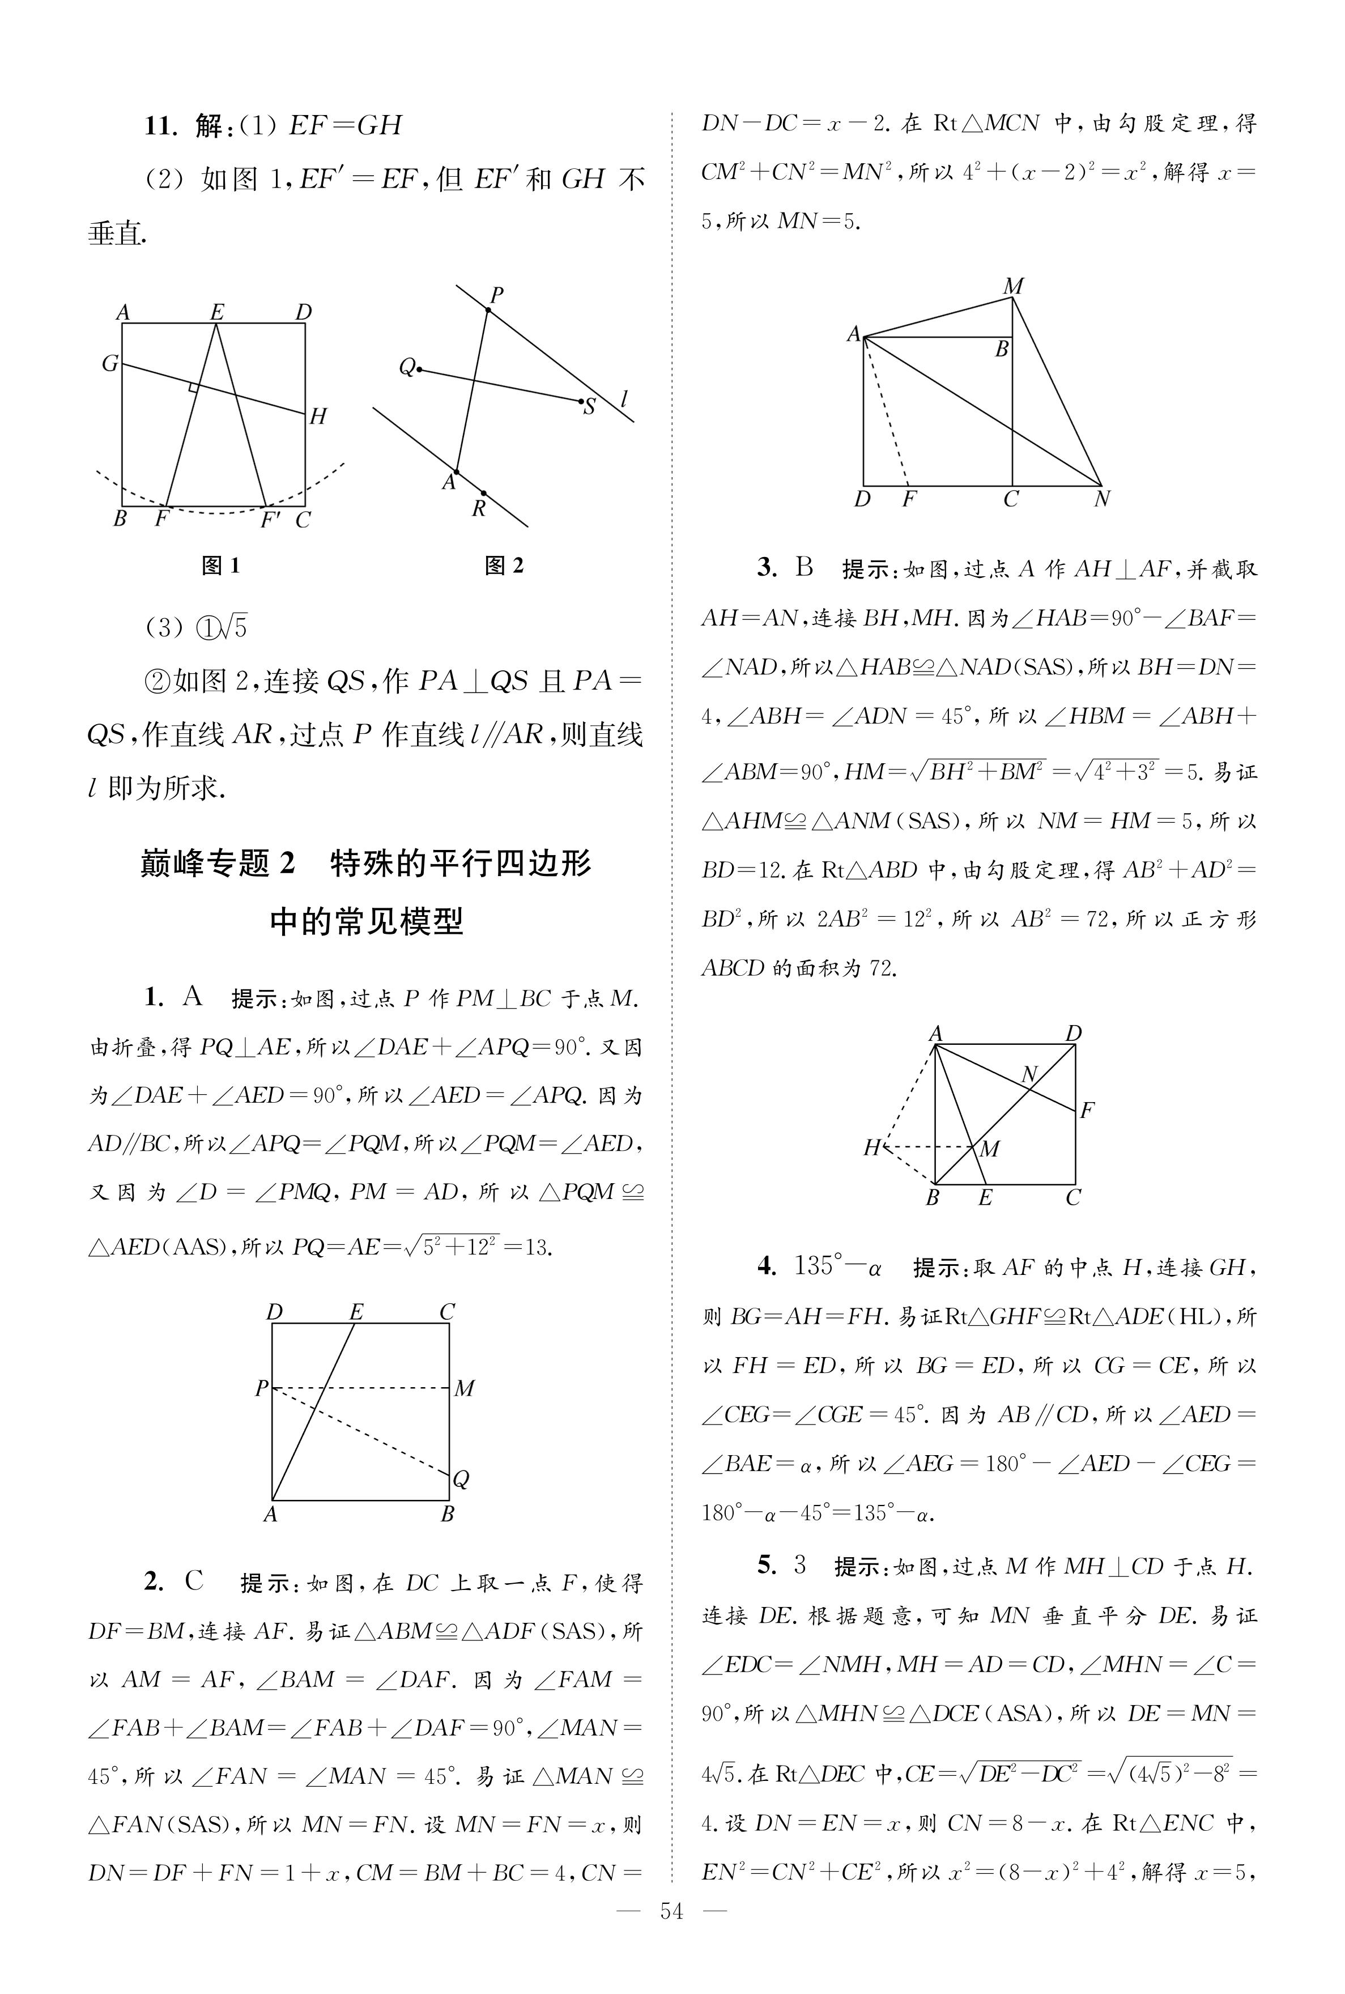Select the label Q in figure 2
click(407, 368)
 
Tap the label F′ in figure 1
click(270, 520)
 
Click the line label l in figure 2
click(624, 399)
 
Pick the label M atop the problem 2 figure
click(1013, 287)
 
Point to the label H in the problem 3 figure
click(871, 1147)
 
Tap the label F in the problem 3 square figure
click(1087, 1111)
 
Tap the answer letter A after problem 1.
click(192, 997)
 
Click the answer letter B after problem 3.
click(804, 568)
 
